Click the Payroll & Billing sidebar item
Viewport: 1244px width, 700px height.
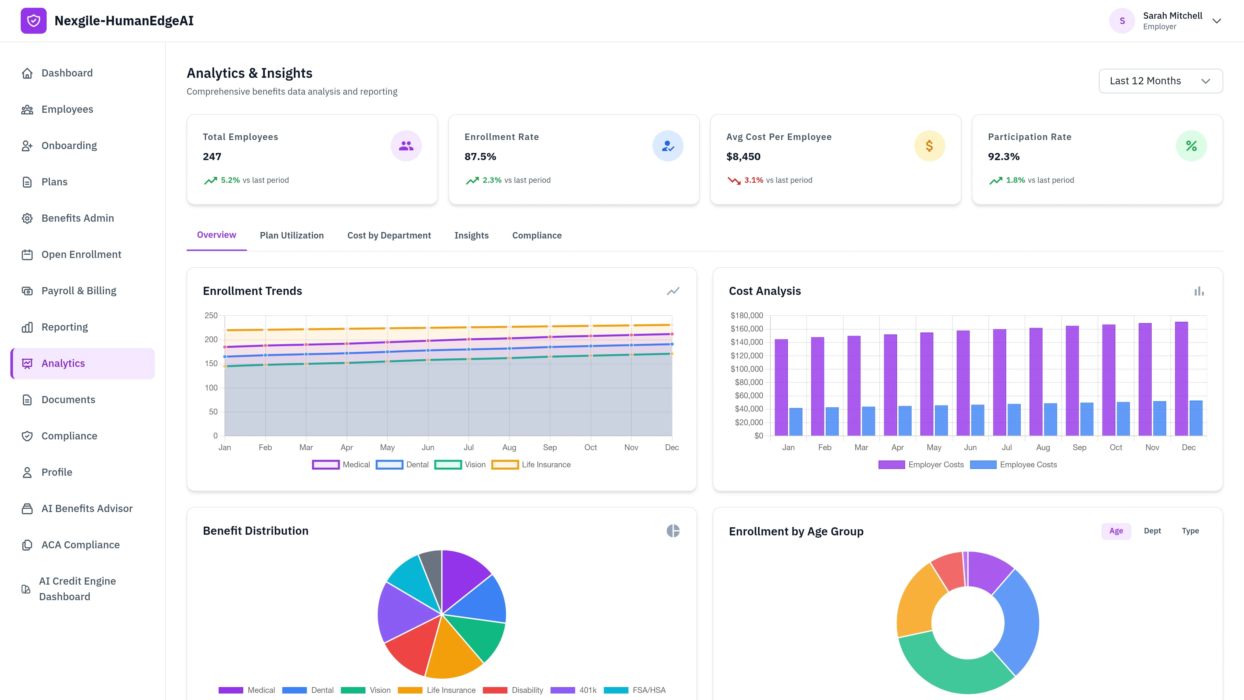click(79, 290)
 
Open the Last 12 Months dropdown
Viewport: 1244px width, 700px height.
click(1160, 81)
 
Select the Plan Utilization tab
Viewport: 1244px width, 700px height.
click(292, 235)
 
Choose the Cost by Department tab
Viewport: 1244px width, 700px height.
click(389, 235)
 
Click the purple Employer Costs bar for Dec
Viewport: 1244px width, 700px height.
click(1181, 379)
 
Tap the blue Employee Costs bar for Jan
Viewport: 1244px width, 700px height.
click(795, 421)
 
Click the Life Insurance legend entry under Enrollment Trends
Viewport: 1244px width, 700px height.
click(531, 464)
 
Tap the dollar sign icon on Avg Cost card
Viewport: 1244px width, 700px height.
click(929, 146)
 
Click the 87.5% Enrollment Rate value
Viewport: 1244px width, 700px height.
click(480, 157)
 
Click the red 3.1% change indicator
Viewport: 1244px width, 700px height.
click(753, 180)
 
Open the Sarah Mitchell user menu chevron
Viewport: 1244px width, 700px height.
click(1216, 21)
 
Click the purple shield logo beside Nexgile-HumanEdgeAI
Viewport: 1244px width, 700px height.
click(33, 21)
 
